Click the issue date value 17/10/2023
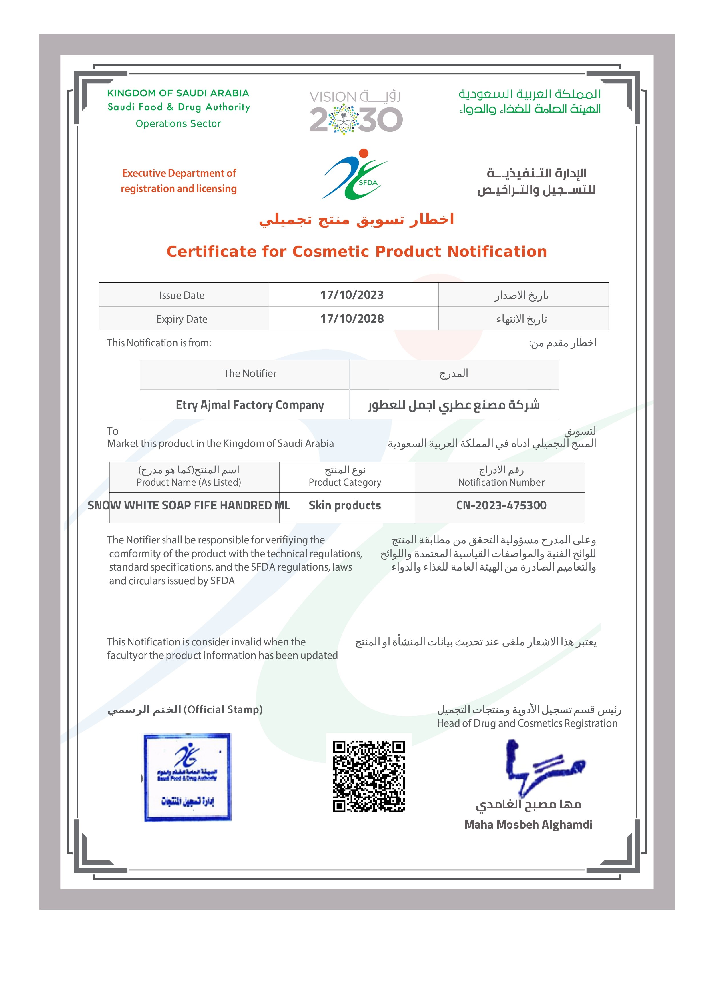352,295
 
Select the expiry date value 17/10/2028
352,319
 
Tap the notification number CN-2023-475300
501,505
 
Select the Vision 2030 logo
356,111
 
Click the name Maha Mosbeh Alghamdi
528,825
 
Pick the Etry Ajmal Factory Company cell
250,405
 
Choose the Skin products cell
345,505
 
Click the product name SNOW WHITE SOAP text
188,505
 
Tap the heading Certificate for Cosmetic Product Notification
357,252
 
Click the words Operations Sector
178,124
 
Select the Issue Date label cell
182,296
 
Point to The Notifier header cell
250,373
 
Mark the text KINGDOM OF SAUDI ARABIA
178,93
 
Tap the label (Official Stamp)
223,710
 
